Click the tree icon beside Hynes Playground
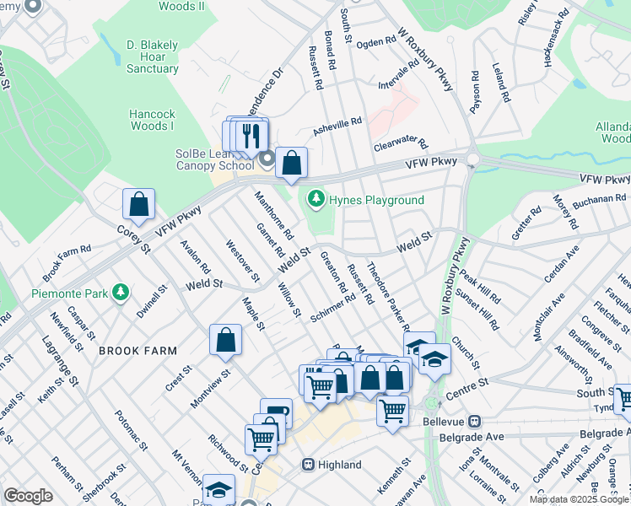[x=316, y=200]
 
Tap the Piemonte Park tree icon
[x=121, y=293]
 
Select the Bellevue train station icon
[x=475, y=420]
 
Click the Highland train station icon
[x=309, y=465]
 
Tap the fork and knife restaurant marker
[x=251, y=135]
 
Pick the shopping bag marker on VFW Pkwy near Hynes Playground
[x=291, y=163]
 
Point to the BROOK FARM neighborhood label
[x=138, y=350]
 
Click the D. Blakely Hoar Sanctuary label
[x=153, y=56]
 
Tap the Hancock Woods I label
[x=151, y=119]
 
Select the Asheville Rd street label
[x=337, y=126]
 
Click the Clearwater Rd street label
[x=401, y=146]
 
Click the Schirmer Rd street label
[x=331, y=308]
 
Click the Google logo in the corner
[x=28, y=496]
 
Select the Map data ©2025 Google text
[x=579, y=499]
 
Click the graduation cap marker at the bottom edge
[x=219, y=489]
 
